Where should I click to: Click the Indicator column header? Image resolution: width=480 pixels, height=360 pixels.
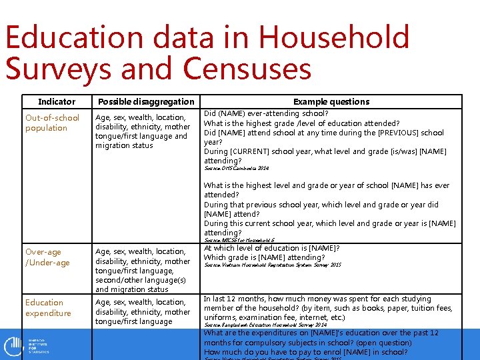(57, 102)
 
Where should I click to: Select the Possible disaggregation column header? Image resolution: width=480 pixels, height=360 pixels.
(146, 102)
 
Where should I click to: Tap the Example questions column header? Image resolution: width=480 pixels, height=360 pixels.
(331, 102)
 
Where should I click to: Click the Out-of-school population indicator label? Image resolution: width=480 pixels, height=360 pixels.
(52, 123)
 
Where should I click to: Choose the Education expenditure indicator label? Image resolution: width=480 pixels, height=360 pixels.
(48, 307)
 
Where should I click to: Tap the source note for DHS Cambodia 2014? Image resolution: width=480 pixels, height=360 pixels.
(237, 169)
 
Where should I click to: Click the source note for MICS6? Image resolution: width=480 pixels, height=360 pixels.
(239, 240)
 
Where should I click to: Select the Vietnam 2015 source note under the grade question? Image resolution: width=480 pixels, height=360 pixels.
(272, 265)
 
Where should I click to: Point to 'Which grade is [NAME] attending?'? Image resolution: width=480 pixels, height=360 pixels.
(265, 257)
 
